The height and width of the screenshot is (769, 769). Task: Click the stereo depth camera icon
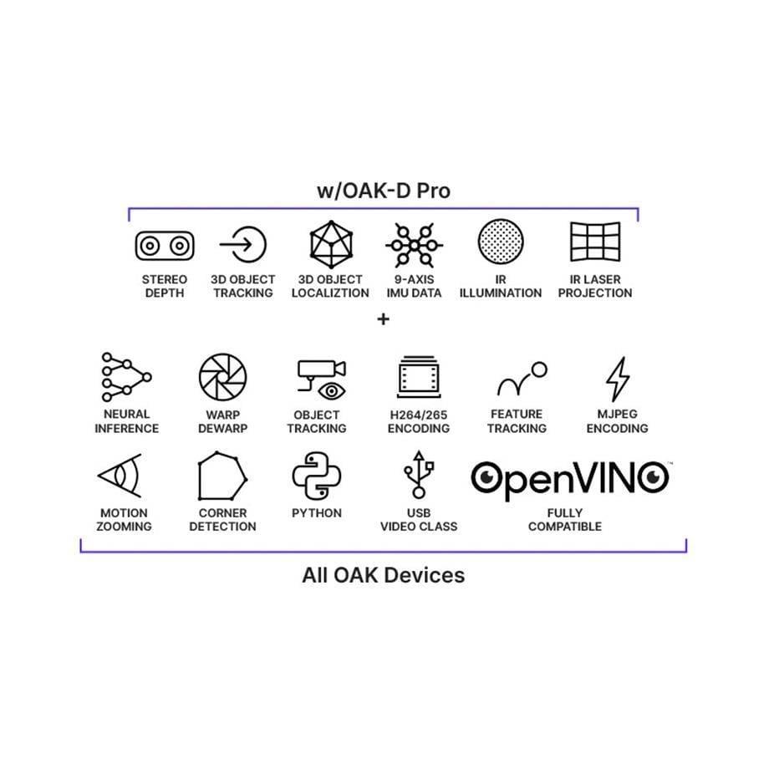165,246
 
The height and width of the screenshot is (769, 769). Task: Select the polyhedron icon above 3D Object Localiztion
331,244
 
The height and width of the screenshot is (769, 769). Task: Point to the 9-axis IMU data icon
415,245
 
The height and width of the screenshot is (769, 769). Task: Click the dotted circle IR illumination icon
501,242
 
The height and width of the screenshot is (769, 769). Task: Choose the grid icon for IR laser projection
595,242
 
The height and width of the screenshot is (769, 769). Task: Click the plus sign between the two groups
384,319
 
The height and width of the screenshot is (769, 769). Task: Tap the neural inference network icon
126,377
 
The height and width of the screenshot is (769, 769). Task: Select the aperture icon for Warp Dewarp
222,377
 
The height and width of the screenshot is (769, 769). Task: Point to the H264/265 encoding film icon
419,377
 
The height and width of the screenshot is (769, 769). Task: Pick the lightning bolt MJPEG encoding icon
618,379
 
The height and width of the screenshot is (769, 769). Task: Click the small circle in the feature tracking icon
539,369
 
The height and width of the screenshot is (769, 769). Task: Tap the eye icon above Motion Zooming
120,476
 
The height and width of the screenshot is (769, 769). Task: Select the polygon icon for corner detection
222,476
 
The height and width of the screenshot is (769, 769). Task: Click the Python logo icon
316,476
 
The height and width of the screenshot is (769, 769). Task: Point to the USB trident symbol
419,474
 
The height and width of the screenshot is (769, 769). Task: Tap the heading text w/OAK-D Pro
384,191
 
